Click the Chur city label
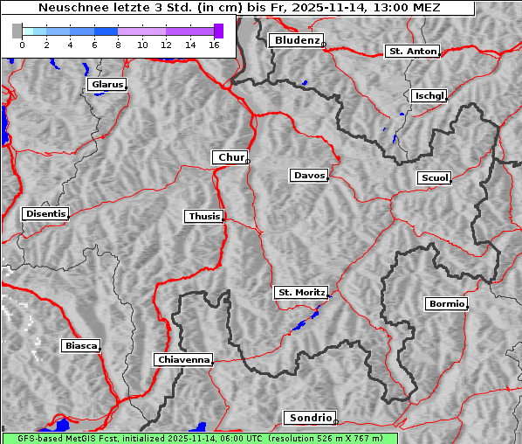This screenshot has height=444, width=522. click(230, 157)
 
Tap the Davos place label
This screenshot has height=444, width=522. click(308, 176)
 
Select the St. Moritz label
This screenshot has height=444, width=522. click(299, 292)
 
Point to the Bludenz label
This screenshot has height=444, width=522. click(295, 40)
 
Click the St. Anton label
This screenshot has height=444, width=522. click(411, 52)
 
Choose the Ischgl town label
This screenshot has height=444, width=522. click(429, 95)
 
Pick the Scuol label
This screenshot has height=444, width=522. click(434, 178)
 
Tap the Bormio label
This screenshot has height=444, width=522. click(446, 304)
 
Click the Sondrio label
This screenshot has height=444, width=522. click(309, 418)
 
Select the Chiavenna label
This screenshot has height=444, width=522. click(182, 359)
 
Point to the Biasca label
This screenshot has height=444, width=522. click(80, 346)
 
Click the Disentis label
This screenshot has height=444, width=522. click(45, 213)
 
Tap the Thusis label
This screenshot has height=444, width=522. click(203, 216)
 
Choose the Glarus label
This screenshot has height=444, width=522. click(106, 85)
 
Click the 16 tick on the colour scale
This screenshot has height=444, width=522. click(214, 44)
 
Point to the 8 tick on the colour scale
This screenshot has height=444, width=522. click(118, 44)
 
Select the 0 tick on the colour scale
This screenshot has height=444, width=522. click(22, 44)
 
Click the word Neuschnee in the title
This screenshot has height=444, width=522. click(69, 8)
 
